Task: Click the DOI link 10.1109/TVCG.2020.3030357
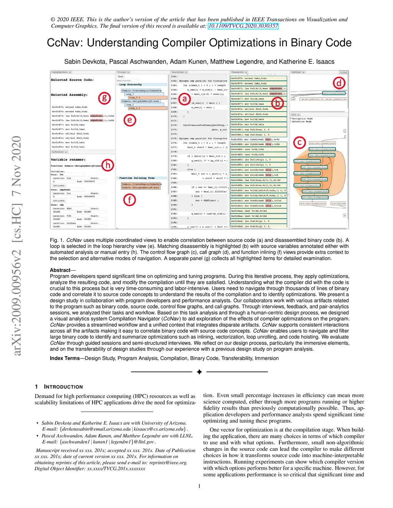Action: coord(243,26)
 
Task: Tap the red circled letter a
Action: coord(185,99)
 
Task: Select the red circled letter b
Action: coord(277,103)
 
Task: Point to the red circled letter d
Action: coord(339,83)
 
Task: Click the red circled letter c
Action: coord(300,143)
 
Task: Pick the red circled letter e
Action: coord(130,120)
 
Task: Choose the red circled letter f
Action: coord(130,199)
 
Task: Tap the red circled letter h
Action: coord(108,165)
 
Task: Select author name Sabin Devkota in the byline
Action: coord(85,62)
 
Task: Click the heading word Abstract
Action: coord(60,270)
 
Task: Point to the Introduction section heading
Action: coord(63,387)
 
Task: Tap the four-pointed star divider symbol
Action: coord(199,372)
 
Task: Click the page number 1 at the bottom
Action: coord(199,486)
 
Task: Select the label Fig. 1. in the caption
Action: coord(57,240)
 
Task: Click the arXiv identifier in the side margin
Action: coord(17,245)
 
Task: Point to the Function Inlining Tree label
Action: coord(137,178)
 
